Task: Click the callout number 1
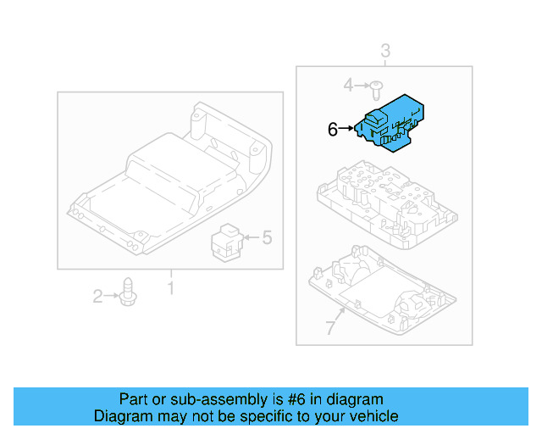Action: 169,289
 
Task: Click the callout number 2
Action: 97,296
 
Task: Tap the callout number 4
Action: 348,85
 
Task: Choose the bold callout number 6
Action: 333,129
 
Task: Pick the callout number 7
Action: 330,328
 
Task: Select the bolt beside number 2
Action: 129,293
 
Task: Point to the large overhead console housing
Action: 169,182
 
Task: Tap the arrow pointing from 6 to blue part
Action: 347,129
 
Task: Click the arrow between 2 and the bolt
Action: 112,296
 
